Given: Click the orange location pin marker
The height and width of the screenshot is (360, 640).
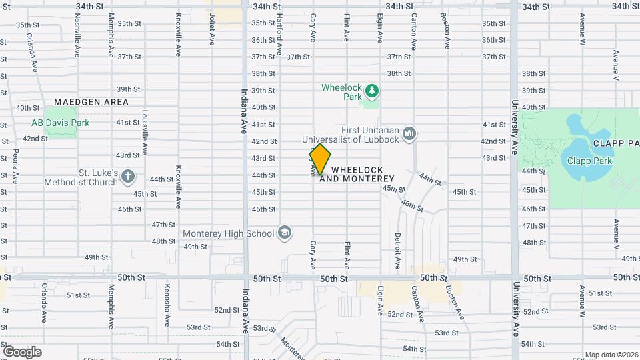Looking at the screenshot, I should (x=320, y=159).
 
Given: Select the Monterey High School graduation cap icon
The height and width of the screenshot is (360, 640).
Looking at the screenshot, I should (x=285, y=233).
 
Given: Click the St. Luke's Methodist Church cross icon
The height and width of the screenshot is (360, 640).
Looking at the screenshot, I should (x=128, y=177).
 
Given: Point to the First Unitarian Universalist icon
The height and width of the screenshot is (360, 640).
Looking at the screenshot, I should (x=409, y=134).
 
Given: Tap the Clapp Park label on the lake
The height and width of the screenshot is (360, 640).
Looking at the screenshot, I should (x=585, y=160).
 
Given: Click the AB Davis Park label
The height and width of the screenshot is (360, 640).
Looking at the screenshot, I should (x=60, y=123).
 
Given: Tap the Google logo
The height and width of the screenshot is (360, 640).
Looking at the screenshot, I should (x=22, y=351).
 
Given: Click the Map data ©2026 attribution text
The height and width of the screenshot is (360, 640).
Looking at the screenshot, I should (x=611, y=355).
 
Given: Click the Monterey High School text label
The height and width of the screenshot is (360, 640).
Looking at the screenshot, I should (x=229, y=233).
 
